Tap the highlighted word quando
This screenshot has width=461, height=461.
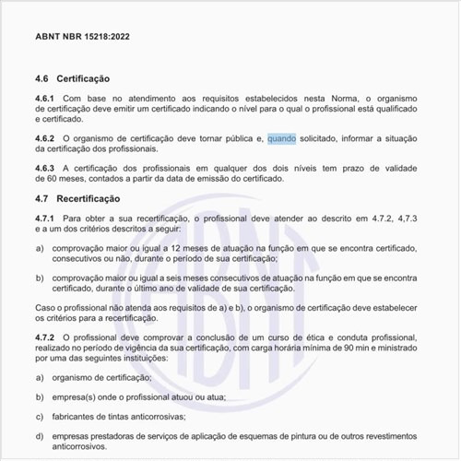point(281,139)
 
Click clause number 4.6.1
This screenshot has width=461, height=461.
point(45,100)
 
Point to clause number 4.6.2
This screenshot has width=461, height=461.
point(45,139)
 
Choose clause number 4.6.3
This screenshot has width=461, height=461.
point(45,169)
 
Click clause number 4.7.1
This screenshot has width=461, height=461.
point(45,219)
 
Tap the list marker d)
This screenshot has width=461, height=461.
point(40,437)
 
